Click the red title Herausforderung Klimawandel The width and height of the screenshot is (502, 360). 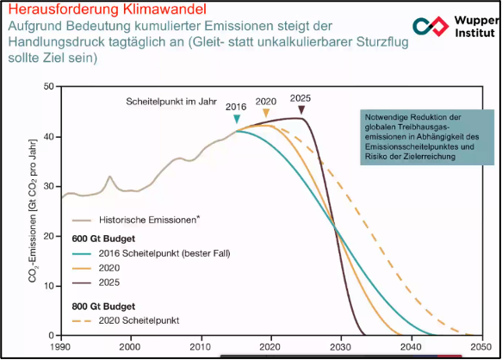(107, 9)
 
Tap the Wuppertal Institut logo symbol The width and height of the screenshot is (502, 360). (431, 26)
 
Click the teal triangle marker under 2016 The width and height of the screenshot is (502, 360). (237, 119)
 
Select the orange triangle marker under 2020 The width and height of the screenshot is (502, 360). (266, 113)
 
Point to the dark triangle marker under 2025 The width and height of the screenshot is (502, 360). (301, 110)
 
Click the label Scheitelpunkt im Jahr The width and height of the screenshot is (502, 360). (171, 102)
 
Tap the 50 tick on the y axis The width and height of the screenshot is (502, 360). (49, 86)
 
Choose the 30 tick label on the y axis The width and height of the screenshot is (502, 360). (49, 186)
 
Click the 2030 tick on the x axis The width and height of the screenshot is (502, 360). (341, 347)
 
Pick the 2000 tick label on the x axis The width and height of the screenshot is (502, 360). (130, 347)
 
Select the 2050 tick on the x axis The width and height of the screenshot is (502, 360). (481, 347)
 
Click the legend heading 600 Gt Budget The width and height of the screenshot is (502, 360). (103, 239)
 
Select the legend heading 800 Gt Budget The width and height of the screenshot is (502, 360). (103, 307)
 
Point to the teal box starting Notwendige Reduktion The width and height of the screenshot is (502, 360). (427, 137)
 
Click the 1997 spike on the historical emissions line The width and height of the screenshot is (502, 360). (110, 177)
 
